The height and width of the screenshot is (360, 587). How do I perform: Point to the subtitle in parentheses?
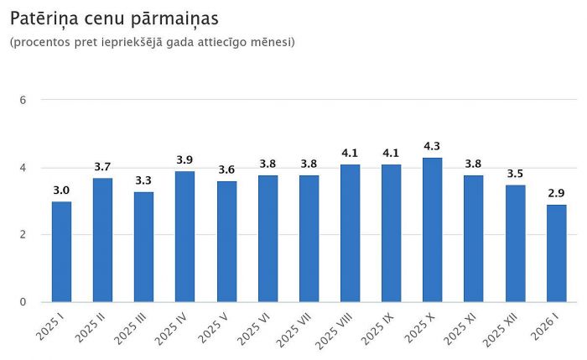point(152,42)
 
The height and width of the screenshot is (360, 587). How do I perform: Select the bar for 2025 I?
point(61,252)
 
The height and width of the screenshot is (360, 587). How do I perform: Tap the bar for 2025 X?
point(433,230)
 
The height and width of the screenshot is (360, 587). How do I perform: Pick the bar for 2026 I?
point(557,253)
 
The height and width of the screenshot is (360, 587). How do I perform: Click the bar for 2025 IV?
point(185,237)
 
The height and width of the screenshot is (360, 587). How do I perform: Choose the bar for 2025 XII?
point(516,243)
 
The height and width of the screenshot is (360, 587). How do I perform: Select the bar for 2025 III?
point(144,247)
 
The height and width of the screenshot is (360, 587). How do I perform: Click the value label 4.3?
point(433,147)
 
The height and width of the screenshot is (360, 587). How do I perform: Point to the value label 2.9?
point(557,194)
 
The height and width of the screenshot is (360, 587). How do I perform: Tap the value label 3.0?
point(61,190)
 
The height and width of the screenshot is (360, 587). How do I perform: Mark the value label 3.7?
point(102,167)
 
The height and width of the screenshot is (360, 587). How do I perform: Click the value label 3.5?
point(516,174)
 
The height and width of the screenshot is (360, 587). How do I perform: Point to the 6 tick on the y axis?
point(23,100)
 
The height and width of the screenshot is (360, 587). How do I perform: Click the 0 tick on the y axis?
point(23,302)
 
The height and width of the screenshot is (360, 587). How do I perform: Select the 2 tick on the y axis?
point(23,235)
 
